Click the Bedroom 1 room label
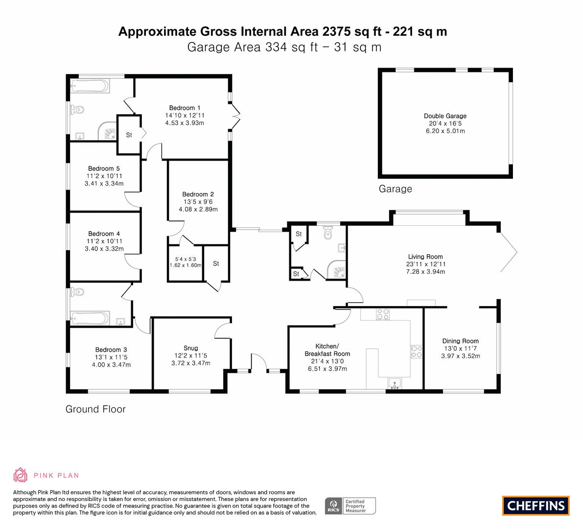pos(185,108)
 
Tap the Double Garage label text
pos(445,116)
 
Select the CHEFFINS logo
pos(536,505)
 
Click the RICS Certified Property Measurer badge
pos(350,506)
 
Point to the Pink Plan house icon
pos(21,475)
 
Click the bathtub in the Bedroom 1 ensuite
pos(90,86)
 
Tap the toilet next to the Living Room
pos(327,233)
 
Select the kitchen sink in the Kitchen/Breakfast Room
pos(395,383)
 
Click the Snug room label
pos(191,348)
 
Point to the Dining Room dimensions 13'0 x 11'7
pos(460,349)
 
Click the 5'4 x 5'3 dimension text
pos(186,259)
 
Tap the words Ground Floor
pos(95,409)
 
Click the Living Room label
pos(425,257)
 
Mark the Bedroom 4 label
pos(104,234)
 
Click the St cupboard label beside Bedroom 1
pos(129,135)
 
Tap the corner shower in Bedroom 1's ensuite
pos(108,132)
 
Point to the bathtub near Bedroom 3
pos(90,318)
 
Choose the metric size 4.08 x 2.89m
pos(198,210)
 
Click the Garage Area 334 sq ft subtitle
pos(284,47)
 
